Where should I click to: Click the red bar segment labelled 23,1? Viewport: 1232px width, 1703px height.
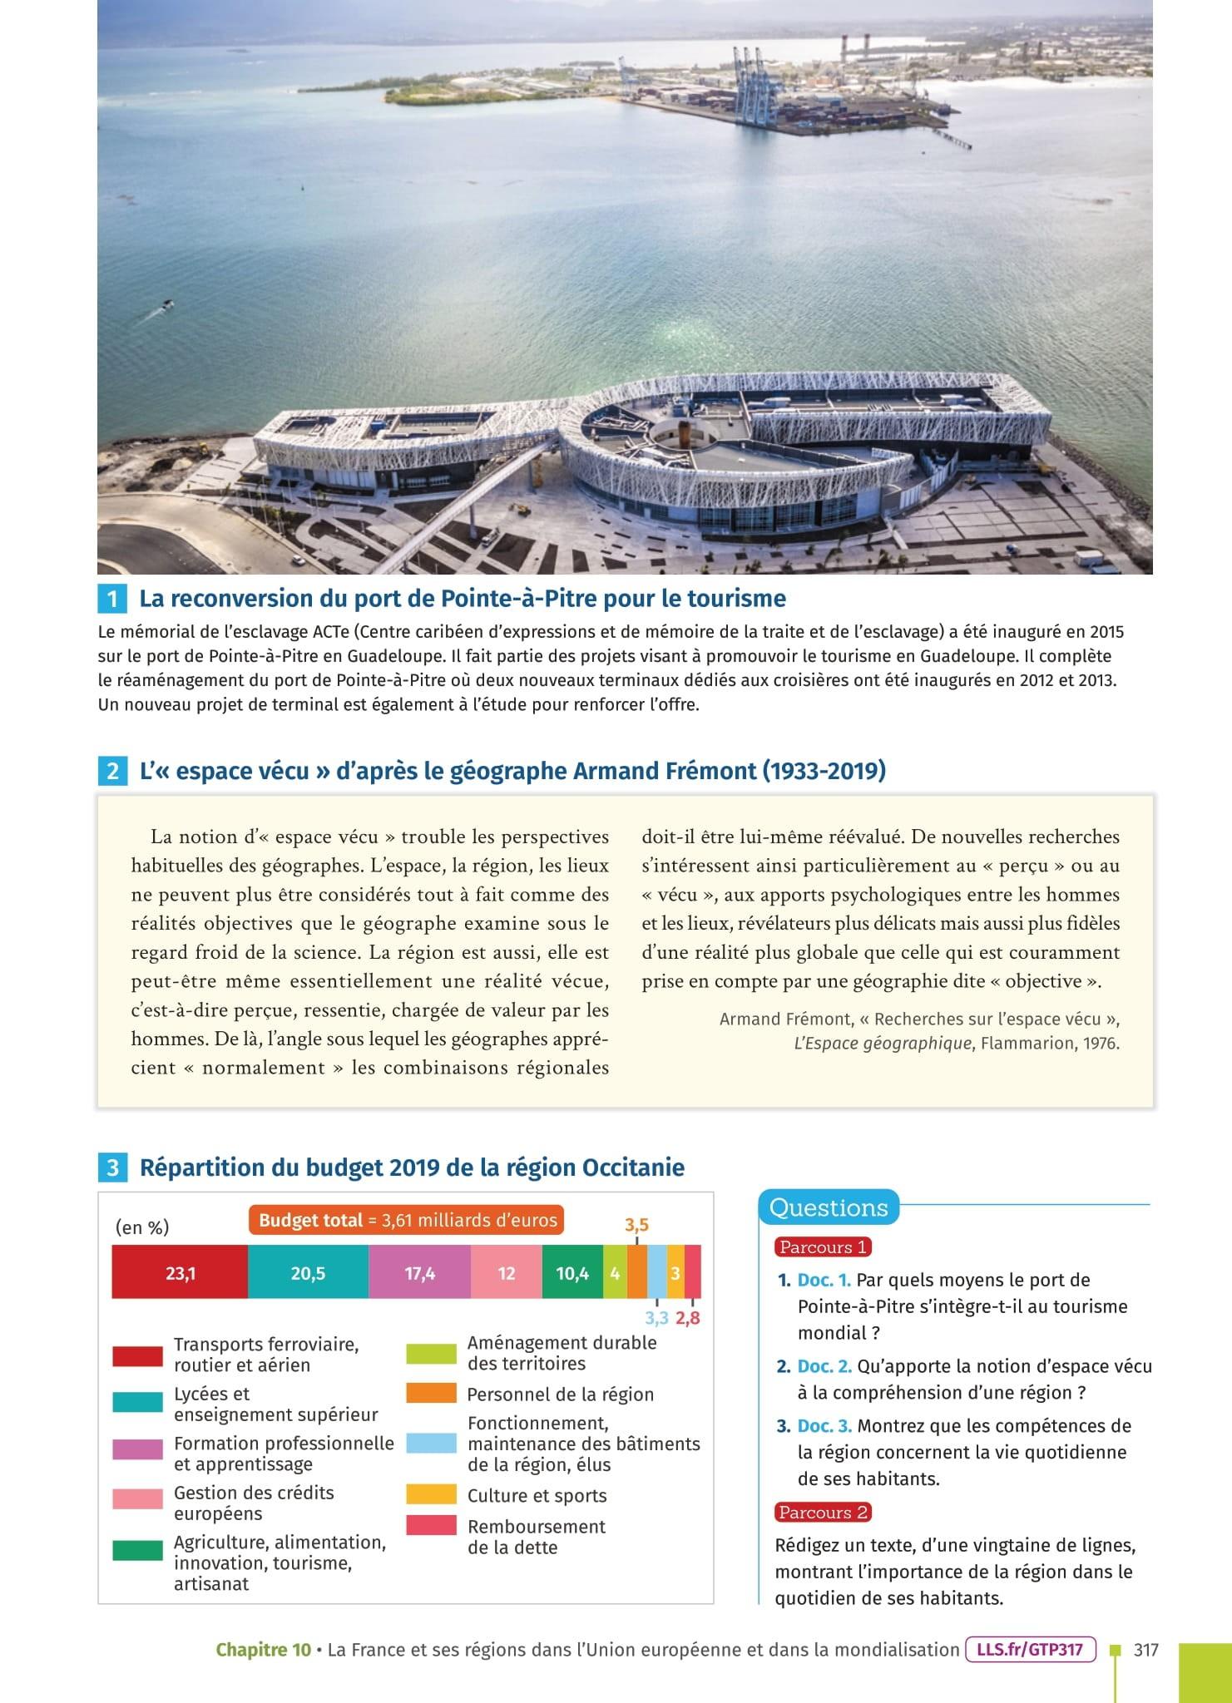(180, 1272)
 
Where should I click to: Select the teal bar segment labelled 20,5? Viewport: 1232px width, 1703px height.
(308, 1272)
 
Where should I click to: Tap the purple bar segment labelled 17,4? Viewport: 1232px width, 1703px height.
(419, 1272)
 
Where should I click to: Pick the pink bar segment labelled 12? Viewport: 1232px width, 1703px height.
(506, 1272)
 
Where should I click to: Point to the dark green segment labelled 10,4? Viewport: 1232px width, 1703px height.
(572, 1272)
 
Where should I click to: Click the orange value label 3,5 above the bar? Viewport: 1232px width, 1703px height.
(636, 1225)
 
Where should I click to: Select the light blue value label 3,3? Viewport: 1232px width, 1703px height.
(656, 1317)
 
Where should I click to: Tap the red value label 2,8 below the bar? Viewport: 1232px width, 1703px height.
(688, 1317)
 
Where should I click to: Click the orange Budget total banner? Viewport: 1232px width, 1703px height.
(407, 1221)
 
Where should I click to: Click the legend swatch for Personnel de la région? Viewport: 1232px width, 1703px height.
(431, 1393)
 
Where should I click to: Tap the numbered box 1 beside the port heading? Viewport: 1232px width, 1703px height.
(112, 599)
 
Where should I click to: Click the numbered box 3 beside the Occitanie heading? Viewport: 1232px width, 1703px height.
(112, 1167)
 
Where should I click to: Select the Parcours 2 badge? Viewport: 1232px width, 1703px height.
(823, 1512)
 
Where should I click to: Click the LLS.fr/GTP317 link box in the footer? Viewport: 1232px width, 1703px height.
(1030, 1649)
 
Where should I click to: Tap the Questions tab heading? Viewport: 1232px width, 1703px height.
(829, 1207)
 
